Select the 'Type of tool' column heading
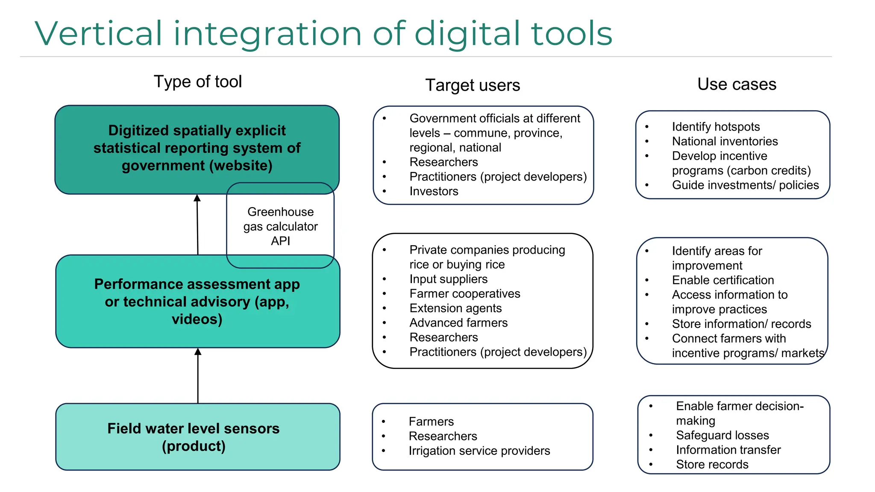(198, 82)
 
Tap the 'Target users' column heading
(473, 85)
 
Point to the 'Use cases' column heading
(737, 84)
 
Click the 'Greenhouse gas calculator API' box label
(280, 226)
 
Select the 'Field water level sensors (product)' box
(194, 437)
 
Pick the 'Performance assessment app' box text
(197, 302)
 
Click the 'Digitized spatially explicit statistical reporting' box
(197, 148)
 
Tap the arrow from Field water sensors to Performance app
(198, 376)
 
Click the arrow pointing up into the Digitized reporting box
(197, 224)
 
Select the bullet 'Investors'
(434, 191)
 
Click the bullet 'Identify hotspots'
(716, 127)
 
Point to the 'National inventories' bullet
(725, 141)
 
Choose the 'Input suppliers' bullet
(448, 279)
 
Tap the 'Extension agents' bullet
(455, 308)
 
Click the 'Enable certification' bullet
(723, 280)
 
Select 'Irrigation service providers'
(479, 451)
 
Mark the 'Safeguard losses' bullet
(722, 435)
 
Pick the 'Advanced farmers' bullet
(458, 323)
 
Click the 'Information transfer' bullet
(728, 450)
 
